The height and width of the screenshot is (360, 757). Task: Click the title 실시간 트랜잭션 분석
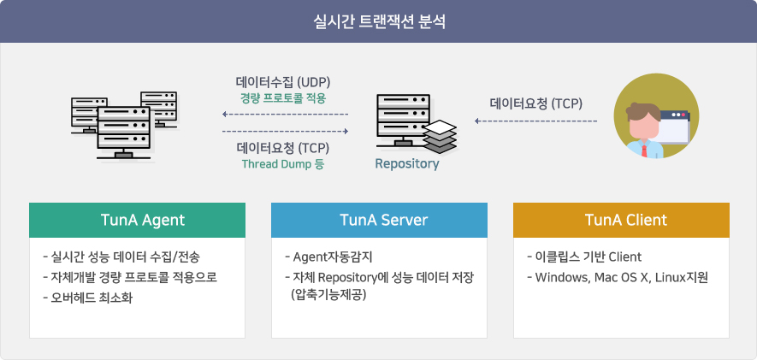378,22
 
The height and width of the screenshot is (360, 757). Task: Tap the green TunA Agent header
137,220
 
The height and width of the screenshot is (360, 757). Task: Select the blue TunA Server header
379,220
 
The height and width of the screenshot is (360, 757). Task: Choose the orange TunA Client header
621,220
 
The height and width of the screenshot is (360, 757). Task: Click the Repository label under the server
407,163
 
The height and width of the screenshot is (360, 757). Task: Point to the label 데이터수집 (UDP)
283,81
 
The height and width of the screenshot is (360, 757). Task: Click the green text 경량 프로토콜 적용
283,98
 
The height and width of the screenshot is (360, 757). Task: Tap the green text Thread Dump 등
283,163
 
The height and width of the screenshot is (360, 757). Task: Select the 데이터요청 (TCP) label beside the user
535,103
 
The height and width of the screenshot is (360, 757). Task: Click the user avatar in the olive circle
656,115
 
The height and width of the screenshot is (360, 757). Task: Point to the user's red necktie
644,149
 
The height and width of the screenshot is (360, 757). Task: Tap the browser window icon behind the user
676,127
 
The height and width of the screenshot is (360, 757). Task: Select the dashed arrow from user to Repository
535,121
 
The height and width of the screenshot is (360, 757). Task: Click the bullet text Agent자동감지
329,257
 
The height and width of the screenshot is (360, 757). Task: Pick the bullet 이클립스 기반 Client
584,257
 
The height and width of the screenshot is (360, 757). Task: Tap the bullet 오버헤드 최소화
87,298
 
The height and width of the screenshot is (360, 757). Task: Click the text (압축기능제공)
328,294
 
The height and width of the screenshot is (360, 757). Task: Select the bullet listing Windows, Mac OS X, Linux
618,278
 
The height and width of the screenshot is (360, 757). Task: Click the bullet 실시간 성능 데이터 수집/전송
121,257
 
